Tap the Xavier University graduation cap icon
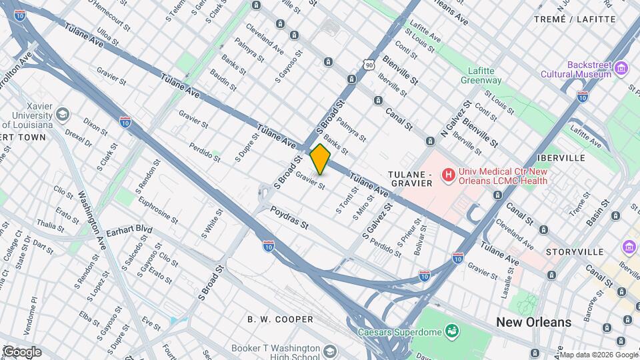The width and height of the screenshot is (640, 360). (x=63, y=115)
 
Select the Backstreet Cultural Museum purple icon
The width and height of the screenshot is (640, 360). (x=622, y=67)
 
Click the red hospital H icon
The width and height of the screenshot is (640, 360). (x=449, y=175)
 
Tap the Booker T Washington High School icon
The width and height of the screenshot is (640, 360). (x=330, y=351)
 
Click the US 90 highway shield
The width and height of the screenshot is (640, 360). (x=369, y=64)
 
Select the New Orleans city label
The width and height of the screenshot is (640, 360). (x=533, y=322)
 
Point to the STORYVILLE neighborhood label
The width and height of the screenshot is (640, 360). (x=574, y=252)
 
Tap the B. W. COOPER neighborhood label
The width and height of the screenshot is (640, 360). (x=280, y=319)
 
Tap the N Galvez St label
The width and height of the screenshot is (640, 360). (x=456, y=119)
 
